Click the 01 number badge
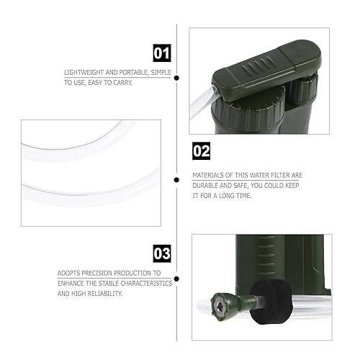pos(163,53)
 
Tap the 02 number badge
pos(202,152)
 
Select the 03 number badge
pos(163,253)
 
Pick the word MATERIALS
pos(211,174)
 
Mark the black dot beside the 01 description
pos(176,78)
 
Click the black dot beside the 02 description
pos(176,179)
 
